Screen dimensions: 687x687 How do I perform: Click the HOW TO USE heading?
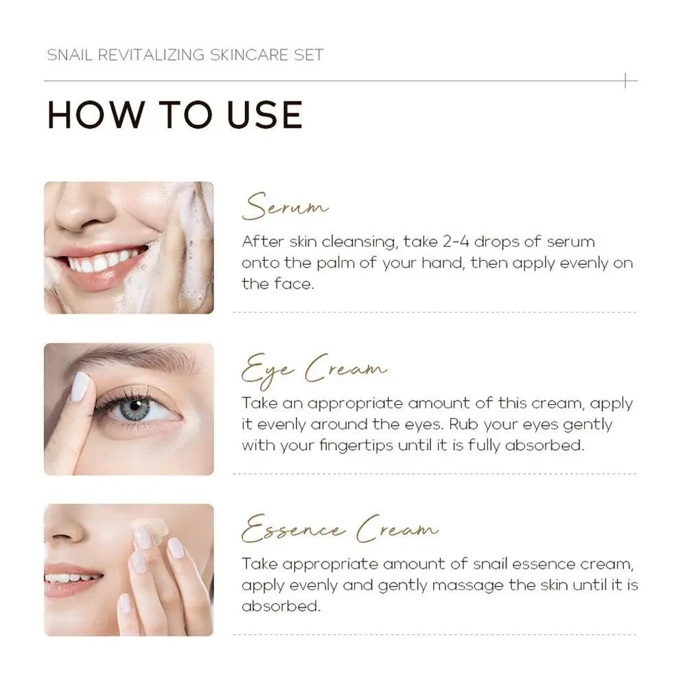coord(174,115)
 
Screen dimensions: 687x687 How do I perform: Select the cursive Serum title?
coord(285,207)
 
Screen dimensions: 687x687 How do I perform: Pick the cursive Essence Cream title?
coord(339,531)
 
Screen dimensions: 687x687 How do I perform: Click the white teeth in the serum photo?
coord(103,261)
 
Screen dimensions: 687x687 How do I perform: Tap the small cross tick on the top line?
coord(626,81)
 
